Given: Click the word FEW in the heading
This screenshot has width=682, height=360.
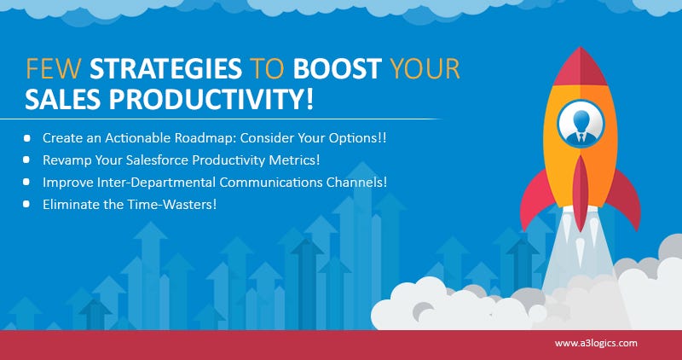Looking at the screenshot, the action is (x=54, y=69).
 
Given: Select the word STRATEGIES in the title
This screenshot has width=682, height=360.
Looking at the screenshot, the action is (x=165, y=69).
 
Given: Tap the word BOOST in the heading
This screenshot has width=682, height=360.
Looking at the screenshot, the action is (x=337, y=69).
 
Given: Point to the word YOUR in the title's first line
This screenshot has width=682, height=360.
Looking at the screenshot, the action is (x=425, y=69).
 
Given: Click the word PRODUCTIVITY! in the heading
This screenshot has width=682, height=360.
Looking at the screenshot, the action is (x=211, y=99).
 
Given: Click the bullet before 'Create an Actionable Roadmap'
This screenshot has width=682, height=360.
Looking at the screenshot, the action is (x=27, y=138).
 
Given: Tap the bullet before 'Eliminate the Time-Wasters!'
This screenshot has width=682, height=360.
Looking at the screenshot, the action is (x=27, y=204).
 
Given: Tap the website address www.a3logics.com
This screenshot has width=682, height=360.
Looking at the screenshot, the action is (x=596, y=343).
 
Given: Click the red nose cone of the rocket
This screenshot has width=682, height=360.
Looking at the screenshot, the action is (x=581, y=67).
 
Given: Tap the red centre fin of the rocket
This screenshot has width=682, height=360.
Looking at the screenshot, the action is (x=581, y=193).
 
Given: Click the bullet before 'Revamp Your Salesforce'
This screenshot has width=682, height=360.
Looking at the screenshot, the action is (x=27, y=160).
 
